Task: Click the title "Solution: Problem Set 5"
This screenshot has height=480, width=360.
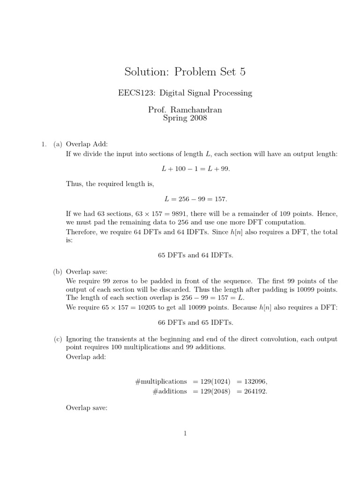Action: pyautogui.click(x=185, y=72)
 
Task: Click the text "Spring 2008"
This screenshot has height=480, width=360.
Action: pyautogui.click(x=185, y=118)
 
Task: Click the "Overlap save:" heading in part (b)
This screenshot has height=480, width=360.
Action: pyautogui.click(x=87, y=271)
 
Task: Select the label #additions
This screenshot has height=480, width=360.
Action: pyautogui.click(x=169, y=391)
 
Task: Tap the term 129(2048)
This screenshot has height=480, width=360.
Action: pyautogui.click(x=214, y=391)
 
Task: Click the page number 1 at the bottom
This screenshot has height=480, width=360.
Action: pyautogui.click(x=185, y=434)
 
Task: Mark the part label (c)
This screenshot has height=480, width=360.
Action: pyautogui.click(x=58, y=339)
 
